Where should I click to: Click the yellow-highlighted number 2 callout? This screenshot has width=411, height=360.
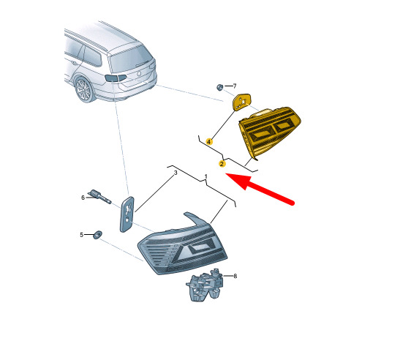(x=222, y=164)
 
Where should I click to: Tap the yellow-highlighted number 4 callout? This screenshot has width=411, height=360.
(x=209, y=142)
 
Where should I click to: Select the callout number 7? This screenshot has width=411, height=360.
(x=235, y=86)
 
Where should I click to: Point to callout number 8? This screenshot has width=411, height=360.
(x=235, y=276)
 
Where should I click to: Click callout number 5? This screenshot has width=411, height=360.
(x=81, y=235)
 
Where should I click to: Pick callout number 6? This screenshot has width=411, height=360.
(x=83, y=198)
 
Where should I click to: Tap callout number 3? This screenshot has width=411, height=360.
(x=176, y=173)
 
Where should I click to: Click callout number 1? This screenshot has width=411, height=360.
(x=205, y=177)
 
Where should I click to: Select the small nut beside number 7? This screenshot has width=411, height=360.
(x=219, y=87)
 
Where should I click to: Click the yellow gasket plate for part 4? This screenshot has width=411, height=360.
(x=241, y=102)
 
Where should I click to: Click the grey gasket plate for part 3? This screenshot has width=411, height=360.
(x=127, y=214)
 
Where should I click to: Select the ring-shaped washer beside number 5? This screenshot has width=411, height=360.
(x=98, y=235)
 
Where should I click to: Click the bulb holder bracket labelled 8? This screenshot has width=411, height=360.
(x=205, y=285)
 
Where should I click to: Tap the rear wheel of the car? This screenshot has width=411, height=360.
(x=83, y=90)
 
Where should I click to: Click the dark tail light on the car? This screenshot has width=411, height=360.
(x=116, y=78)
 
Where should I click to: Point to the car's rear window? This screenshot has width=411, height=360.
(x=131, y=60)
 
